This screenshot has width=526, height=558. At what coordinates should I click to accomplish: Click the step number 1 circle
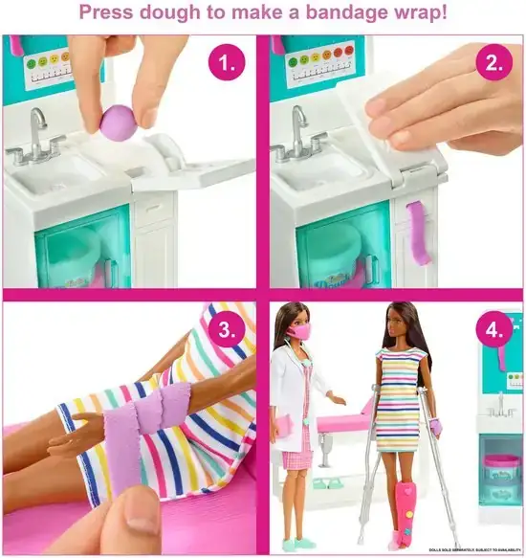227,65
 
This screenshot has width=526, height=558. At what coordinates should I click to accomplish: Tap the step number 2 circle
493,65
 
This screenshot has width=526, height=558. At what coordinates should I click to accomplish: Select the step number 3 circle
227,331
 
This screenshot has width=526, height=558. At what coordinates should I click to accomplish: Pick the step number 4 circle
493,331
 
